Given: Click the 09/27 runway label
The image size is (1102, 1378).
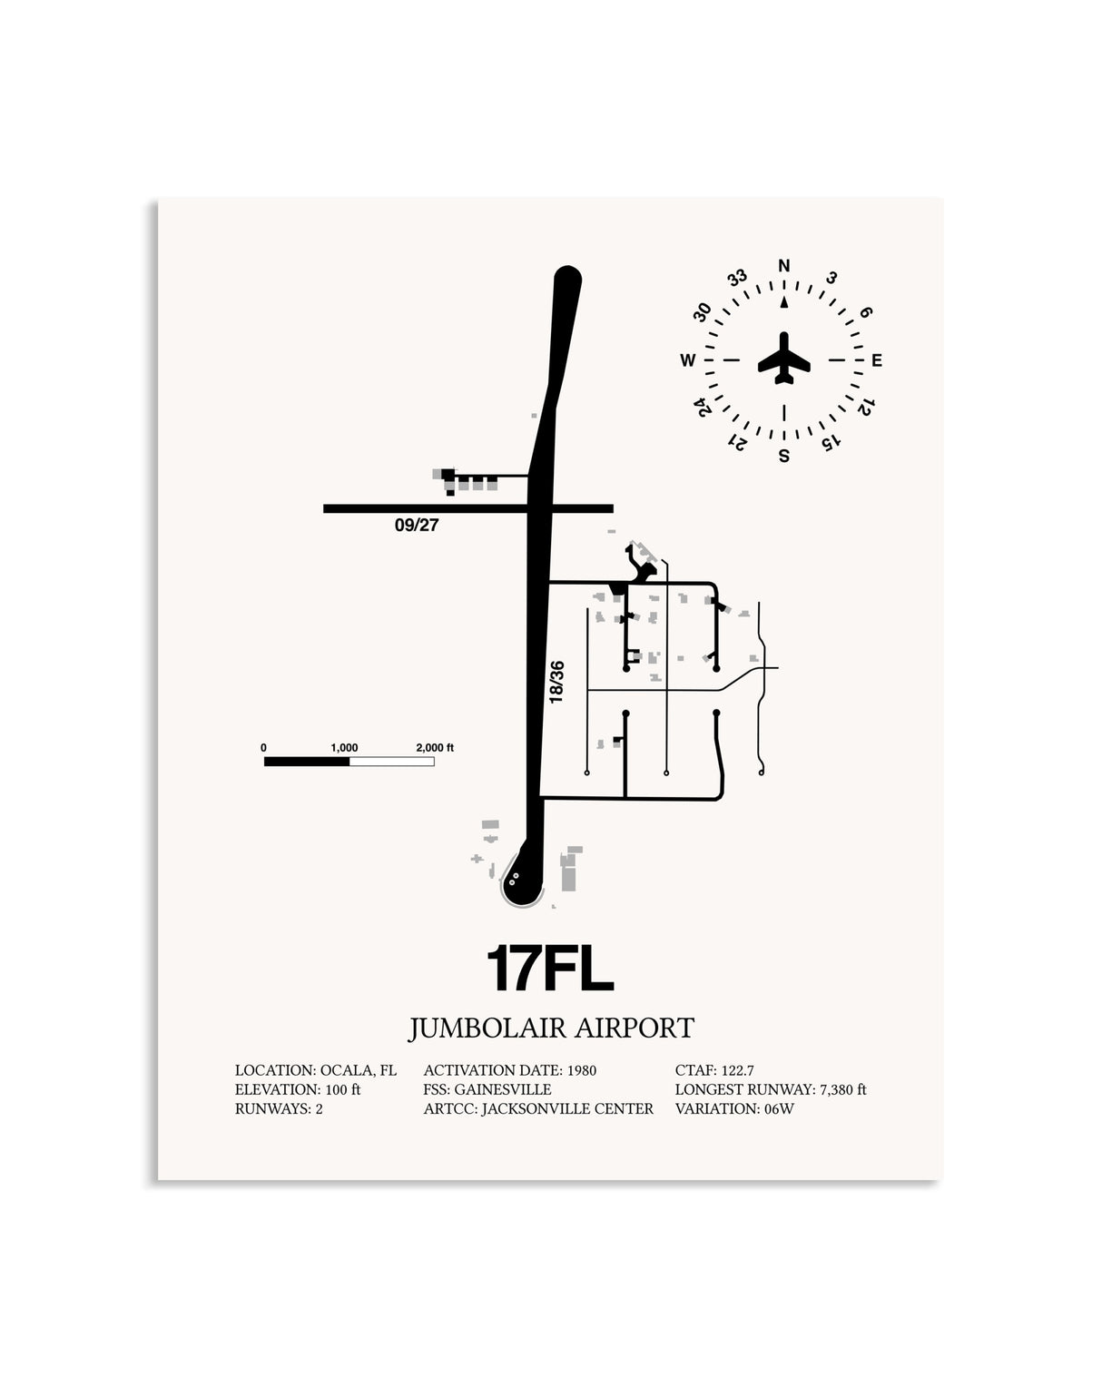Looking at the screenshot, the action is (417, 525).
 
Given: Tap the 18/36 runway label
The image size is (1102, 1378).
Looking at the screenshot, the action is (556, 682).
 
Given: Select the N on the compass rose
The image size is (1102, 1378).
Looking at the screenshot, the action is (783, 265).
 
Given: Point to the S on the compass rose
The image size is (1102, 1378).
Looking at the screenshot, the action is (783, 456).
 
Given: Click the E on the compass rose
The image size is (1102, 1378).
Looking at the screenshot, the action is (877, 359).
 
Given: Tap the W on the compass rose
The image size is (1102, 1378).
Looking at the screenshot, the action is (688, 360).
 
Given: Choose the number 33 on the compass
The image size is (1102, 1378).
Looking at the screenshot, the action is (737, 277).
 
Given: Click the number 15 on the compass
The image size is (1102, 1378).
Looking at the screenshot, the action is (831, 442).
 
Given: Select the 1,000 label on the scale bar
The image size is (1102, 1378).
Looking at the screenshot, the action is (344, 748).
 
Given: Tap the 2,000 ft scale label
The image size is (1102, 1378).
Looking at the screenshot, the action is (435, 747).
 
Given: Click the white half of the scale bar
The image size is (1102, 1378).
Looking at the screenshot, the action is (392, 762).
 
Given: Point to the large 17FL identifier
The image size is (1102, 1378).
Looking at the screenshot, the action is (550, 969).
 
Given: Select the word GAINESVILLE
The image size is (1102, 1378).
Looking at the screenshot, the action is (503, 1089).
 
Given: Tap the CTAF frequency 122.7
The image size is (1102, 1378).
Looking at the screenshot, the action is (738, 1070).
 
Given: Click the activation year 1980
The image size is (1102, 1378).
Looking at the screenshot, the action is (582, 1070).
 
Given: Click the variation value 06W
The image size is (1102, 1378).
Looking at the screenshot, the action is (779, 1108).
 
